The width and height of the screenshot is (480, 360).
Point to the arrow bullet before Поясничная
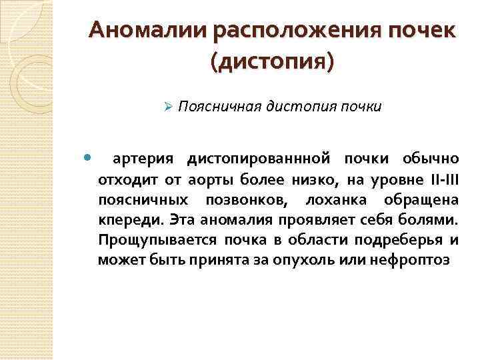pyautogui.click(x=169, y=107)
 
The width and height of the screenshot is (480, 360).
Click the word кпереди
pyautogui.click(x=130, y=219)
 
